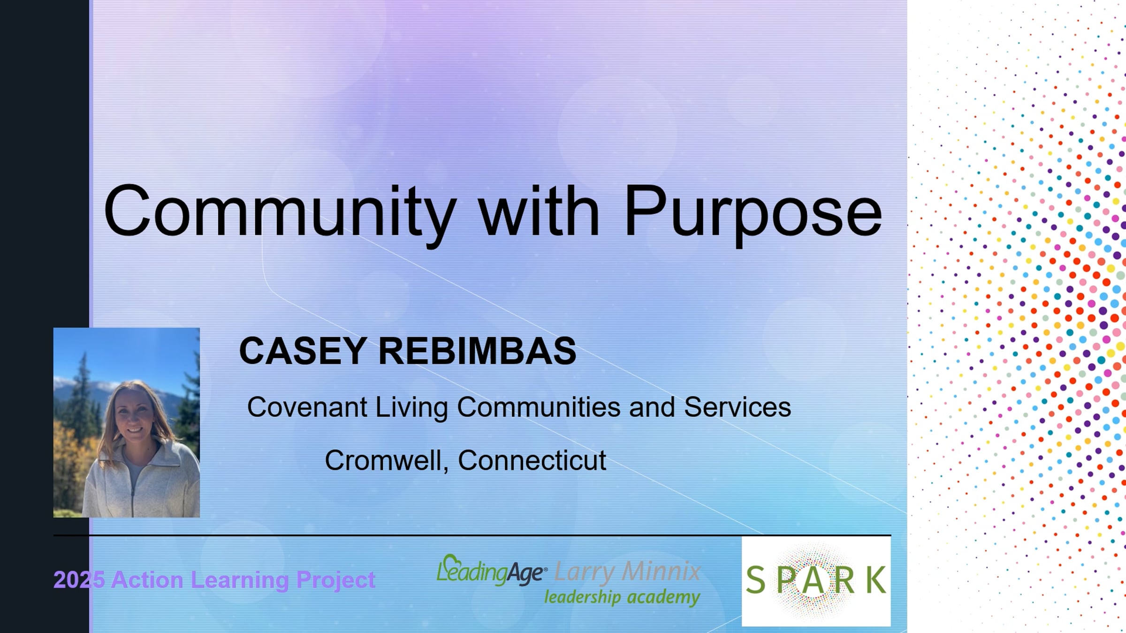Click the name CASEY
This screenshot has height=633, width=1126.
click(x=303, y=351)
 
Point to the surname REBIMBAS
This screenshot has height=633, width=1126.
click(x=478, y=351)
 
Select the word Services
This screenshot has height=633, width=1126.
click(x=738, y=407)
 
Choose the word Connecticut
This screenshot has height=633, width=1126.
click(x=532, y=460)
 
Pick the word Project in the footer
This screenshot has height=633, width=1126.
click(x=335, y=580)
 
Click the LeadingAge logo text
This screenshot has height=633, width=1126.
click(x=492, y=571)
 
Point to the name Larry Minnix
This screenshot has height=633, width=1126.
click(x=628, y=572)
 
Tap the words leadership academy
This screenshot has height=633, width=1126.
click(x=622, y=597)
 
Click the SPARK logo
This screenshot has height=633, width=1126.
click(x=816, y=581)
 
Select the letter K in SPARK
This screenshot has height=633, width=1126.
click(x=876, y=580)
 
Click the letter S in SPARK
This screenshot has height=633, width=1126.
click(x=755, y=580)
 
